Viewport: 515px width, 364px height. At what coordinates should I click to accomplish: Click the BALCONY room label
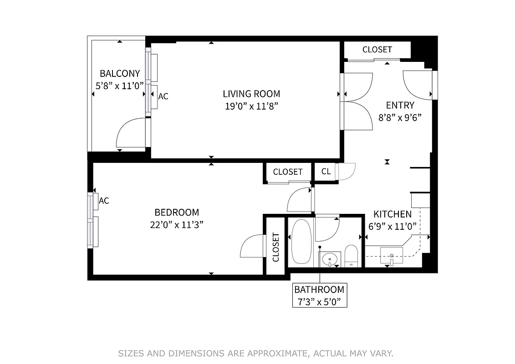point(120,73)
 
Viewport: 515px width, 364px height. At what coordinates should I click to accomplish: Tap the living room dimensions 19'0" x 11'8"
point(251,106)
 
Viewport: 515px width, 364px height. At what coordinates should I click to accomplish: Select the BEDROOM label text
point(177,212)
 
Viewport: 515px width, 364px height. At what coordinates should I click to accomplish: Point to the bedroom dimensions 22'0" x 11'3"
point(177,224)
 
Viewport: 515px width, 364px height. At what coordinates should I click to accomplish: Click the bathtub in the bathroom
point(300,241)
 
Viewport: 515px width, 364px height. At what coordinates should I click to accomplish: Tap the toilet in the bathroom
point(351,256)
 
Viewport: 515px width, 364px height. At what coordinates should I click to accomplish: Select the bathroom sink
point(329,259)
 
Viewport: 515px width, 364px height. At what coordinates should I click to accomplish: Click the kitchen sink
point(392,255)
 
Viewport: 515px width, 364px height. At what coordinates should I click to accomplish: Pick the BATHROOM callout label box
point(319,295)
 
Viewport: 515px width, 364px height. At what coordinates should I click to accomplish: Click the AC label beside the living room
point(163,96)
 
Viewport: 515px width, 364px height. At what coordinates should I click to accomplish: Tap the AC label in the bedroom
point(104,201)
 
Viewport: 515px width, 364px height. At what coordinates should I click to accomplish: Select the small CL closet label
point(326,172)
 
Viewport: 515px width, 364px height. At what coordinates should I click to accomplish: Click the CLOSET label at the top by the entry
point(377,50)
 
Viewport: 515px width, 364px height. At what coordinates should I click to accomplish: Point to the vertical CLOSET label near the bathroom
point(275,247)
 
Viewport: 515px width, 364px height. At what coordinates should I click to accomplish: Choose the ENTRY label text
point(400,106)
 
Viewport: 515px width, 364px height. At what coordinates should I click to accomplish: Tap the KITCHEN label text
point(393,214)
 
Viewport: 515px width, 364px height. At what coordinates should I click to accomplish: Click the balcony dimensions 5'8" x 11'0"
point(120,85)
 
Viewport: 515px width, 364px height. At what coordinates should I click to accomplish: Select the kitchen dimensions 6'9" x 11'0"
point(393,226)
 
